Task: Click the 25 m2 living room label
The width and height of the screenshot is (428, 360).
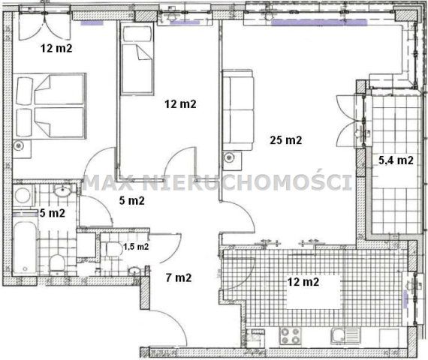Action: pos(286,140)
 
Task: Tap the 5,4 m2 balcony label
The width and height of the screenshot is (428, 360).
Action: pos(396,160)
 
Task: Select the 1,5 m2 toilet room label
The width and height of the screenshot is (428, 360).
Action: pos(136,247)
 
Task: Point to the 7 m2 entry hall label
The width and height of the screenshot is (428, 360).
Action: pos(179,278)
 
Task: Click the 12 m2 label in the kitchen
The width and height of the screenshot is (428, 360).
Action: pos(303,282)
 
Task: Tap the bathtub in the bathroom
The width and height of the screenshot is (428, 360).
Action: pos(25,248)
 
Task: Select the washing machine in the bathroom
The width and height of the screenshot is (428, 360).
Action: pos(23,195)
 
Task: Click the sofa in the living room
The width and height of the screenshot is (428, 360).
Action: pos(238,109)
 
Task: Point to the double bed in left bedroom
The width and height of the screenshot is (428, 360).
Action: pos(50,106)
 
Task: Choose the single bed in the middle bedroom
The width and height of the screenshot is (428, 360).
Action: pos(137,59)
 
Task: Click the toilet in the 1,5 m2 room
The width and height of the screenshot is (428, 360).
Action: pos(114,250)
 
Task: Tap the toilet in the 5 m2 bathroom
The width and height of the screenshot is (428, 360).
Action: pos(57,263)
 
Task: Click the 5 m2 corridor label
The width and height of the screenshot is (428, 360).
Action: pos(132,201)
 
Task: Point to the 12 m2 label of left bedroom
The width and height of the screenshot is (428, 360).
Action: pos(56,48)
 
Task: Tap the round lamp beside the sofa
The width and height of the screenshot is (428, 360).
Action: pos(228,157)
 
